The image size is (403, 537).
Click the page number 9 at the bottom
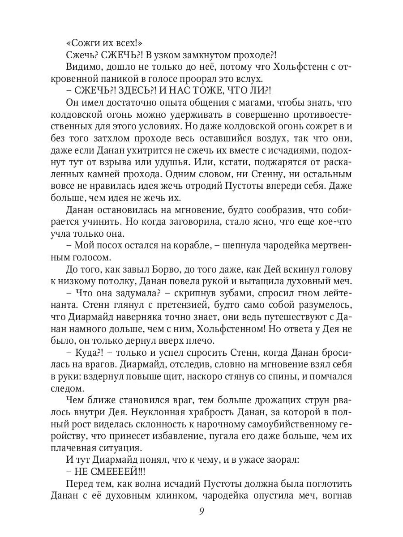tap(201, 511)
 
